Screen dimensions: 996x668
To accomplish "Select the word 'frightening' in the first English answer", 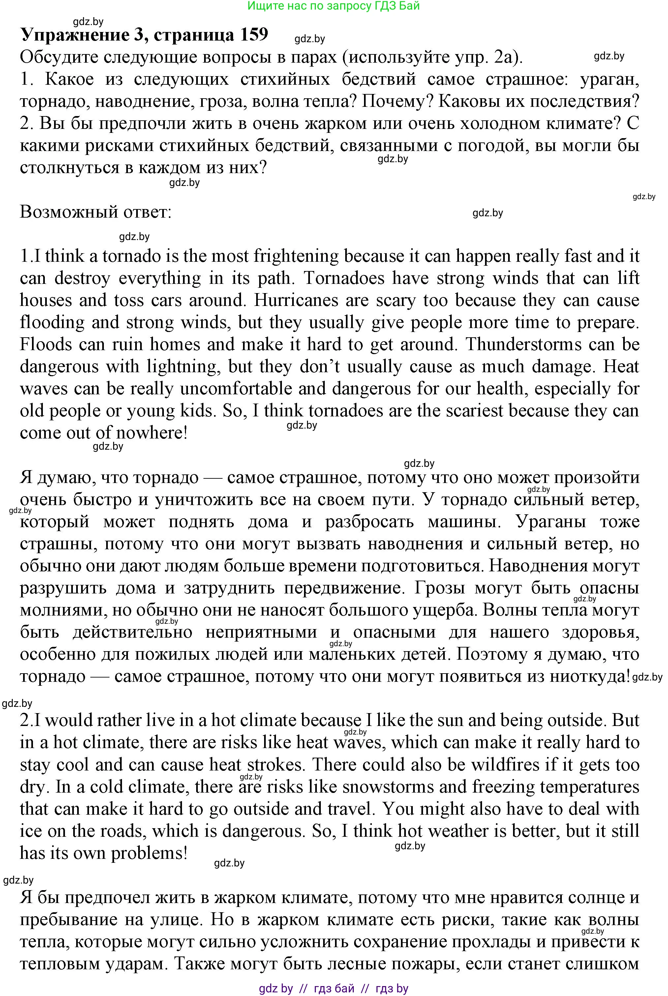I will point(296,257).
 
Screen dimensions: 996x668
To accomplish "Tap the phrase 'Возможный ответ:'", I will point(95,212).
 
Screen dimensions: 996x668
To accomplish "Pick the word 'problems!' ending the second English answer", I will point(149,853).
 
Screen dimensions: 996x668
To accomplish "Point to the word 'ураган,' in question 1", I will point(610,79).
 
